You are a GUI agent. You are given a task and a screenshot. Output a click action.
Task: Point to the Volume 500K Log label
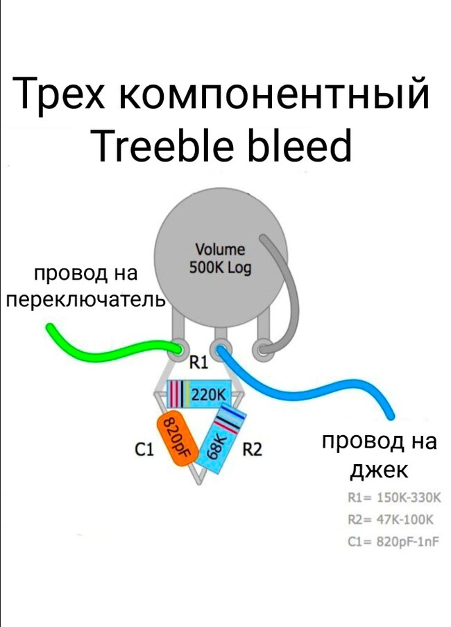point(220,257)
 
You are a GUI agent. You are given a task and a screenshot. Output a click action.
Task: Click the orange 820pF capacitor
point(176,439)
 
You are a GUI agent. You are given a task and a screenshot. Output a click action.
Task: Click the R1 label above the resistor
point(199,362)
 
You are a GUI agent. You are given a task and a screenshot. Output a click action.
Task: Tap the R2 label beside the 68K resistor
point(252,450)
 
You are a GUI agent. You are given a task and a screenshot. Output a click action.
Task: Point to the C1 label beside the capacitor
point(144,450)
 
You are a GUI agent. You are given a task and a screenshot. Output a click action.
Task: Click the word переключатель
point(85,301)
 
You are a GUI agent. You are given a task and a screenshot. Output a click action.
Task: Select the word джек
point(377,470)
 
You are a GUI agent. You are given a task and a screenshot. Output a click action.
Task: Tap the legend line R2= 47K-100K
point(391,520)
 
